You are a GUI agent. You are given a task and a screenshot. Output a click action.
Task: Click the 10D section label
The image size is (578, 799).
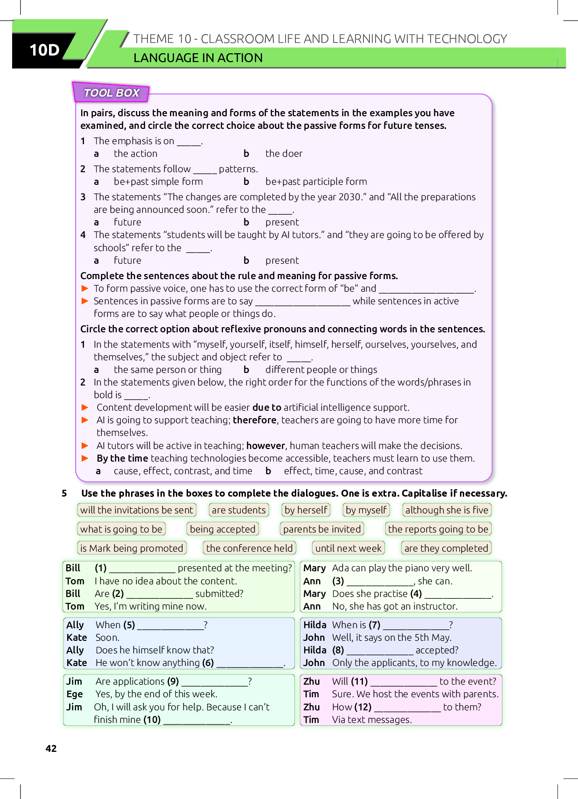[45, 50]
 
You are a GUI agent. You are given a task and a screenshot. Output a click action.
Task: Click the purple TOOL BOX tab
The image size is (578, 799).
[111, 93]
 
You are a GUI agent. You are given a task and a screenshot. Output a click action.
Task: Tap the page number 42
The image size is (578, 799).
[51, 749]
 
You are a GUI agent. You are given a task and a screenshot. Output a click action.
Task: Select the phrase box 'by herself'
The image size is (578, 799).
[306, 510]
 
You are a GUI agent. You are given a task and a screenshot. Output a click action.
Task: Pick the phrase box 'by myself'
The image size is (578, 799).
[366, 510]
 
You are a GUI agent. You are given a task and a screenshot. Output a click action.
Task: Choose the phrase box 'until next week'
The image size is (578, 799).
[348, 548]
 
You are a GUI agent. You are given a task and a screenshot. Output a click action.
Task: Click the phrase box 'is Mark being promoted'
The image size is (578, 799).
[132, 548]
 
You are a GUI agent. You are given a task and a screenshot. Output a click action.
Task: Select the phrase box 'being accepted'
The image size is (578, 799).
[223, 529]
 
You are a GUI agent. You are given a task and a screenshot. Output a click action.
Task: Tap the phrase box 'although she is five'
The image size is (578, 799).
[446, 510]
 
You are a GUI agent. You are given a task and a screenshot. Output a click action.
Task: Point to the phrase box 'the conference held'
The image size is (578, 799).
[250, 548]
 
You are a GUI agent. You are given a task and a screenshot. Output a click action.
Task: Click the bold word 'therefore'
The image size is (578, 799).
[255, 420]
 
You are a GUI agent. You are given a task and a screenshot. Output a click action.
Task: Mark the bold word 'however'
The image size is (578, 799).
[265, 446]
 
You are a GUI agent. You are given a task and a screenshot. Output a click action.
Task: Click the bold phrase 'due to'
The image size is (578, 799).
[267, 407]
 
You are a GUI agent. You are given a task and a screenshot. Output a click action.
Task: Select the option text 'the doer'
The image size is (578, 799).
[284, 154]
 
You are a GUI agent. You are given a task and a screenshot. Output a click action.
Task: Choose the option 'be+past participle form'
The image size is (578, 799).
[316, 182]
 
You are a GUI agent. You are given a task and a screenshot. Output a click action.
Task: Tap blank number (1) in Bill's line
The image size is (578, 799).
[142, 569]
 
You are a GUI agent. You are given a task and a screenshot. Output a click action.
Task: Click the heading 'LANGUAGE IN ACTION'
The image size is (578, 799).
[198, 58]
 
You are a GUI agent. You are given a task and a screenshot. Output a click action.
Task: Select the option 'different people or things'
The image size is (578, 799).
[321, 370]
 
